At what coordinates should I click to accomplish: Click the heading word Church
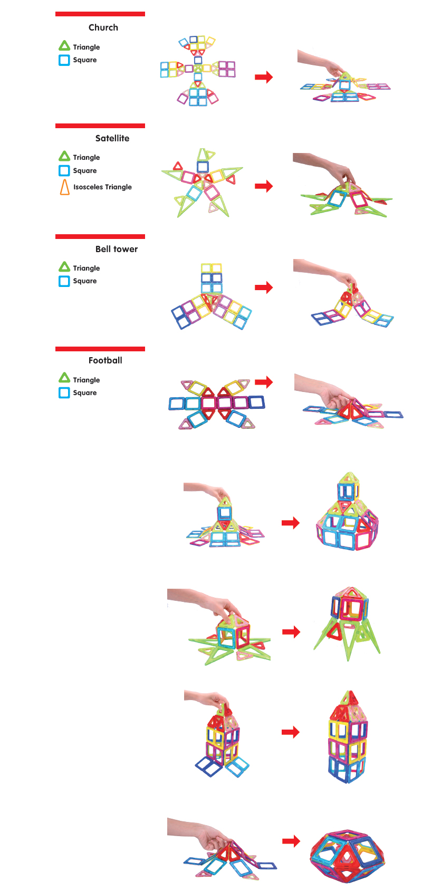(x=103, y=27)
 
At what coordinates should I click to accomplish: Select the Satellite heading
(x=112, y=138)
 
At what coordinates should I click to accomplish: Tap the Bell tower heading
(x=116, y=249)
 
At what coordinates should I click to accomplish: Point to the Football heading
(x=105, y=360)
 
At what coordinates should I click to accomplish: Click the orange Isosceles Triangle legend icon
(x=64, y=187)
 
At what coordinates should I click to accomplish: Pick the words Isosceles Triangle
(x=102, y=187)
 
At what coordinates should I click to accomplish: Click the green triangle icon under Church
(x=64, y=46)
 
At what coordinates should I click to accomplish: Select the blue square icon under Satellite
(x=64, y=170)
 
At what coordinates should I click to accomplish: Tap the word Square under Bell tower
(x=84, y=281)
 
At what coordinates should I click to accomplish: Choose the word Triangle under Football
(x=86, y=380)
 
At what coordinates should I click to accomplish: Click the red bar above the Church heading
(x=100, y=14)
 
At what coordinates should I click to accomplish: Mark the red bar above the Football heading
(x=100, y=349)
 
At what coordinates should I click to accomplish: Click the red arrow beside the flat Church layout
(x=263, y=77)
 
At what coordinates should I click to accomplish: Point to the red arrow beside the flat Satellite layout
(x=263, y=186)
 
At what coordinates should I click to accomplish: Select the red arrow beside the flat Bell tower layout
(x=263, y=288)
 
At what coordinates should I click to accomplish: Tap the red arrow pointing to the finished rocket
(x=291, y=631)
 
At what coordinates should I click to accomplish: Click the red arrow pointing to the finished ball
(x=291, y=841)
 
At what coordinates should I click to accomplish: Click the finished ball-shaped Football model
(x=347, y=855)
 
